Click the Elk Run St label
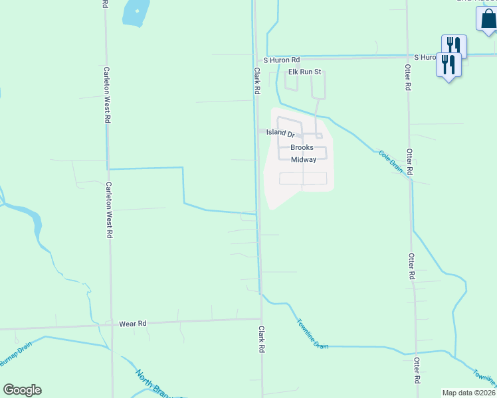(304, 72)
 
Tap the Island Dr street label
(280, 133)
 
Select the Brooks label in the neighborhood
(302, 147)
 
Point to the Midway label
(304, 160)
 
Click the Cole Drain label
(391, 161)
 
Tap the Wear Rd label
(132, 324)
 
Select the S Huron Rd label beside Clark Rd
(282, 60)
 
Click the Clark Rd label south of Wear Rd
(262, 338)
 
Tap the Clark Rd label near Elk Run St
(256, 80)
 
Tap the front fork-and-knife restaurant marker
(448, 65)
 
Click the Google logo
(22, 390)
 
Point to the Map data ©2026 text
(469, 393)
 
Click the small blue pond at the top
(136, 13)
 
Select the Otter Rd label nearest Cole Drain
(410, 161)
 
